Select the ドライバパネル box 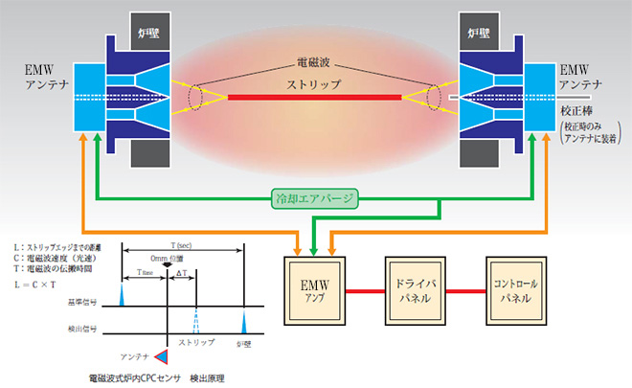click(416, 292)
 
